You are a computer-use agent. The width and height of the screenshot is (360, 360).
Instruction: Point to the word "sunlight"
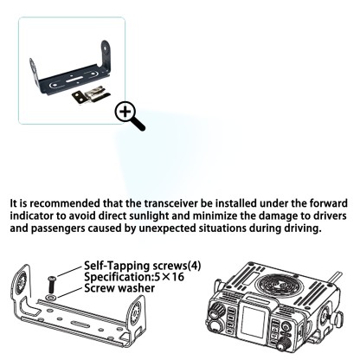click(x=188, y=217)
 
